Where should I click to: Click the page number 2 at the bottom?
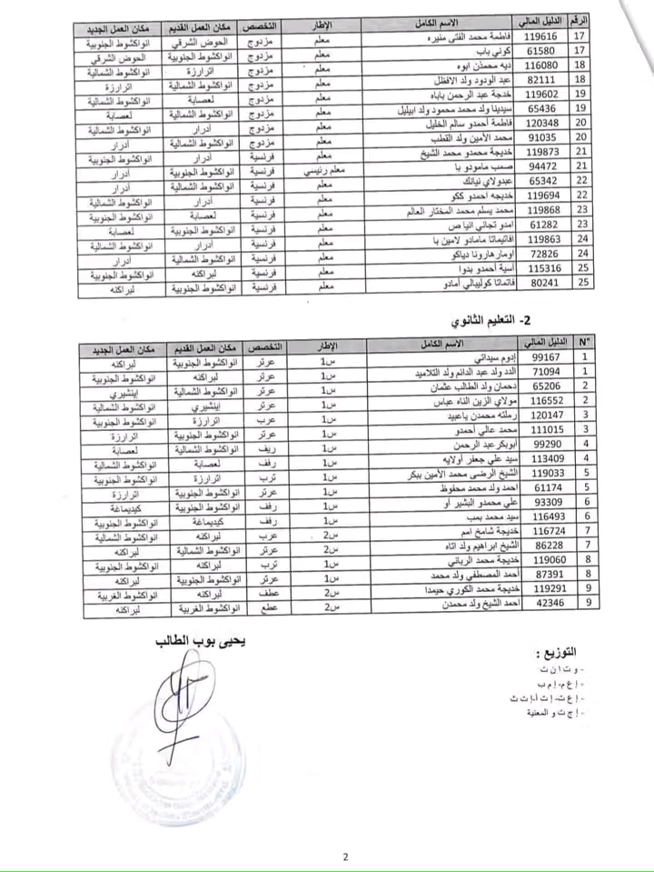345,856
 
